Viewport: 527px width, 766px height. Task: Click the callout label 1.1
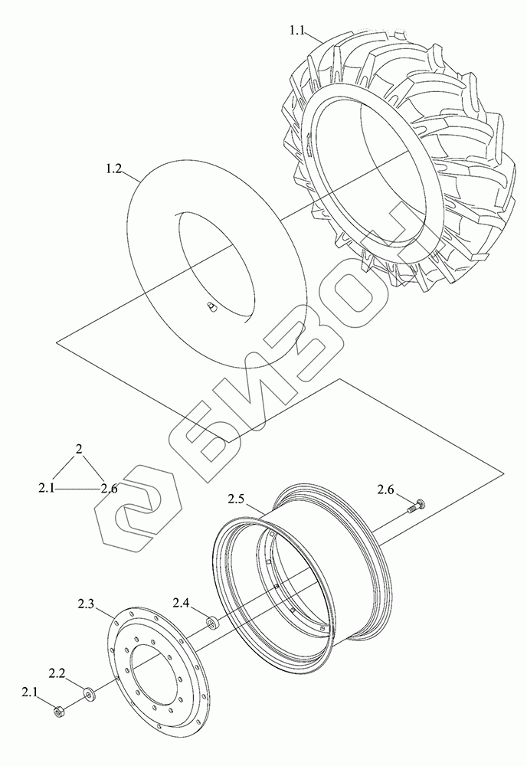tap(297, 31)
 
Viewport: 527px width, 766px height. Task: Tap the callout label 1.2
tap(114, 169)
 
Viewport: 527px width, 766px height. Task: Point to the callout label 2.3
tap(86, 604)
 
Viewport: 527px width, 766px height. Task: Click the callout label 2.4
tap(181, 604)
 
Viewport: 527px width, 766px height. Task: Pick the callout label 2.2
tap(57, 673)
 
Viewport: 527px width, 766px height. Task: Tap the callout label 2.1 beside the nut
tap(29, 692)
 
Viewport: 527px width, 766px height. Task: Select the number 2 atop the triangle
tap(78, 449)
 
